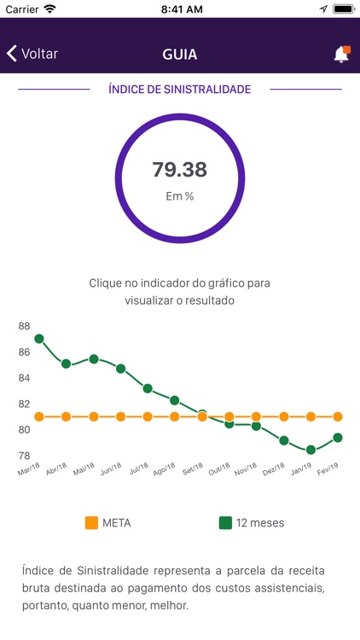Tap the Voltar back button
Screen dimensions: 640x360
[x=32, y=54]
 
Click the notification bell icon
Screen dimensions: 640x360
[x=341, y=54]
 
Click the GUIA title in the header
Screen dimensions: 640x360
[x=180, y=54]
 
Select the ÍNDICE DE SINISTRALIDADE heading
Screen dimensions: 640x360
[x=180, y=89]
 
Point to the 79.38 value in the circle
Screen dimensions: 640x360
[x=180, y=169]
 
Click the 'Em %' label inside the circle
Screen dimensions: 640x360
[x=180, y=196]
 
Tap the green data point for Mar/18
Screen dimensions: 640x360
[x=39, y=339]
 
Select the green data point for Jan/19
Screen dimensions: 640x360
[x=311, y=450]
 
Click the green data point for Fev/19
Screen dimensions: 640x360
[x=338, y=438]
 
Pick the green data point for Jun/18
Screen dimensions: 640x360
[x=120, y=369]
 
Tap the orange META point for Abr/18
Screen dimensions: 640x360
[x=67, y=416]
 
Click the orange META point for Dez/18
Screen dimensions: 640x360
[x=284, y=416]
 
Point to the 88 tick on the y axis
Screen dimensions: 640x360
[x=24, y=326]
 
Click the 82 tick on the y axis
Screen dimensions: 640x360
[x=24, y=404]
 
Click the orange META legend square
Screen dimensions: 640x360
[x=92, y=522]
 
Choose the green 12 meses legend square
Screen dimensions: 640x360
[x=225, y=522]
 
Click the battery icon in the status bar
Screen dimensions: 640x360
[x=344, y=9]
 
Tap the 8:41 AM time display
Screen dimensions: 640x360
[x=180, y=9]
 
